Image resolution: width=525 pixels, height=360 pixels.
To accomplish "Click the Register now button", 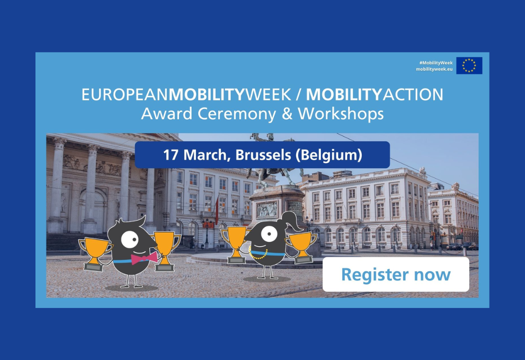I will tap(396, 274).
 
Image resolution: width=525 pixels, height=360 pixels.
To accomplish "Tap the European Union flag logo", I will tap(469, 66).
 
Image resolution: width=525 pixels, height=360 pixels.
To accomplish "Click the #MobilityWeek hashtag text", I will tap(436, 62).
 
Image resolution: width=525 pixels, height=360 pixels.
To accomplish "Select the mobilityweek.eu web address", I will tap(434, 69).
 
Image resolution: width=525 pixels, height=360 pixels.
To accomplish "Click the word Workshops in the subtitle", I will tap(341, 114).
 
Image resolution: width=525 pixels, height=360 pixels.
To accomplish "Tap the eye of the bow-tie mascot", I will tap(129, 238).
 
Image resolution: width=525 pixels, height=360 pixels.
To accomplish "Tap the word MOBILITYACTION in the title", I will tap(374, 94).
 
